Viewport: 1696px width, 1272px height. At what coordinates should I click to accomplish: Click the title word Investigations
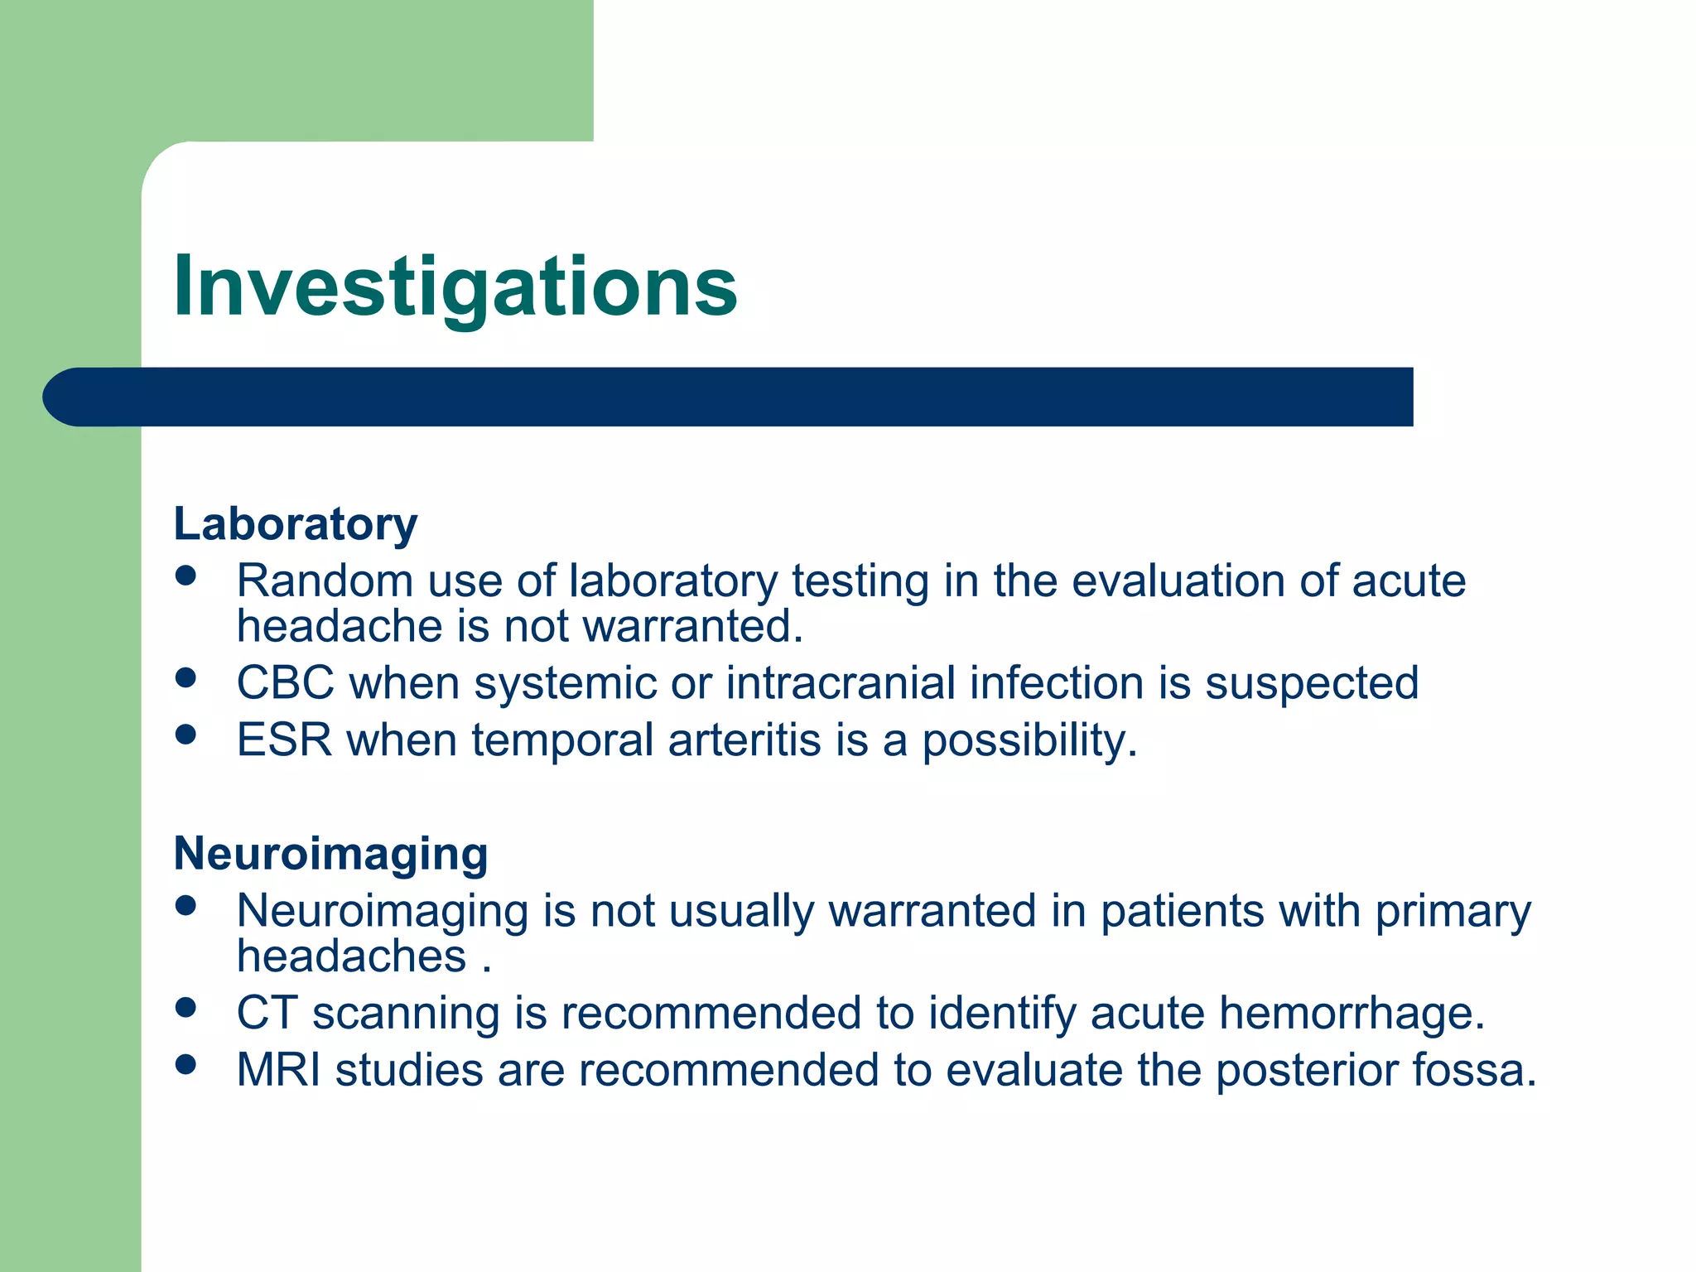coord(455,287)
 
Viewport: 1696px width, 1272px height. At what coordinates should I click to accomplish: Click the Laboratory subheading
coord(295,524)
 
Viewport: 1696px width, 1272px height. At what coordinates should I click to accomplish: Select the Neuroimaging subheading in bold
coord(330,854)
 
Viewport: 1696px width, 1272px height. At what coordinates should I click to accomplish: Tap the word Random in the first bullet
coord(324,581)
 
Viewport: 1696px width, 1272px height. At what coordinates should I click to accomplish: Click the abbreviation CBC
coord(285,683)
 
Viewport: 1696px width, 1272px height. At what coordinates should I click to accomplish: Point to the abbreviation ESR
coord(284,740)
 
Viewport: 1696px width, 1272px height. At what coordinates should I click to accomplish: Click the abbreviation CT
coord(266,1013)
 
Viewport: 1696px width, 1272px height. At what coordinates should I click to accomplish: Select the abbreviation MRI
coord(277,1069)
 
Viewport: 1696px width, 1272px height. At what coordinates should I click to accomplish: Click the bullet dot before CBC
coord(185,678)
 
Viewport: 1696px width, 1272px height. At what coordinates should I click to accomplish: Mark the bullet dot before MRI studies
coord(185,1064)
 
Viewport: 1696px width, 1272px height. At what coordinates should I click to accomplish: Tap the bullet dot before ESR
coord(185,735)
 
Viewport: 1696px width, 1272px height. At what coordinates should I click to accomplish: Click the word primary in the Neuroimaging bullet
coord(1453,912)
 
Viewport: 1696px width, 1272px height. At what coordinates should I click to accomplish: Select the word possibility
coord(1029,740)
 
